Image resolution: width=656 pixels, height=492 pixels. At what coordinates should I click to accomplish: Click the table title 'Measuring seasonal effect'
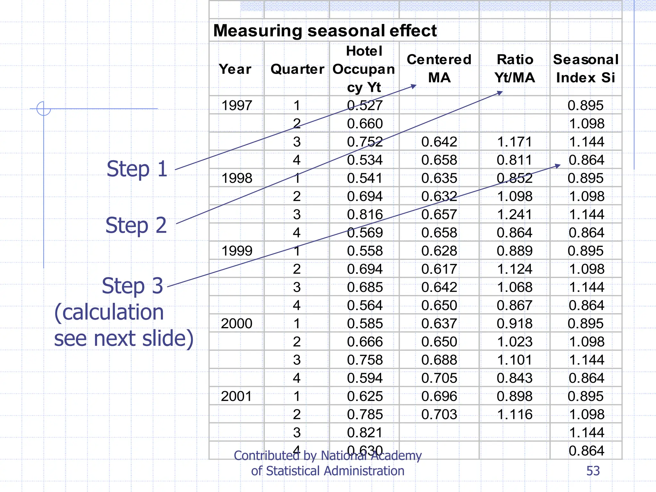click(325, 31)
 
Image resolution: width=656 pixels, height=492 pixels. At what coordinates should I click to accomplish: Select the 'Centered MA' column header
click(439, 69)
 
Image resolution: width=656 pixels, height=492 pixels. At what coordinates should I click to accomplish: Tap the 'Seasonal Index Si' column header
click(586, 69)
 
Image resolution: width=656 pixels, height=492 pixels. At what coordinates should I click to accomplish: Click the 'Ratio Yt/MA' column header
click(515, 69)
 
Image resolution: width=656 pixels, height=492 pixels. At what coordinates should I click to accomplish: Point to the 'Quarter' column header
click(297, 69)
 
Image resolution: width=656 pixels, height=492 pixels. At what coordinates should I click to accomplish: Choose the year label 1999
click(237, 251)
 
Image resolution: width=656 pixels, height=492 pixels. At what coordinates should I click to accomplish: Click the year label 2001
click(237, 396)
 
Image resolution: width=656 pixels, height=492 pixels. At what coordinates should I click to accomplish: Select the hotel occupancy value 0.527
click(365, 105)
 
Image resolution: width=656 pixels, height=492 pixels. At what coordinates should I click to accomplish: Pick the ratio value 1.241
click(514, 214)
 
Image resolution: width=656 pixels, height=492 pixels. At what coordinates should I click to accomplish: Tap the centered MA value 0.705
click(439, 378)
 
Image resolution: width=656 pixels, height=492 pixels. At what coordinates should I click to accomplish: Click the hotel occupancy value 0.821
click(365, 432)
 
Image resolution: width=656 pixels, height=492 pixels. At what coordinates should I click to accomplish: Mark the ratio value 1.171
click(514, 142)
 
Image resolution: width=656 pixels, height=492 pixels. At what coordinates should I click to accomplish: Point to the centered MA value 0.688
click(439, 360)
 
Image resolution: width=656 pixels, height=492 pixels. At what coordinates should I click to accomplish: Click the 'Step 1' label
click(137, 169)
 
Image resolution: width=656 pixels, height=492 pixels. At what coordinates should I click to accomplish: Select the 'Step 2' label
click(136, 225)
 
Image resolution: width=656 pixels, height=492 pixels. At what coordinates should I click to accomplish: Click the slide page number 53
click(593, 471)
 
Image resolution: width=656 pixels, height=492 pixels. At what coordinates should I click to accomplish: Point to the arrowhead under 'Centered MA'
click(414, 86)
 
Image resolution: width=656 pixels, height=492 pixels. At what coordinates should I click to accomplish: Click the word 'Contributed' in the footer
click(266, 455)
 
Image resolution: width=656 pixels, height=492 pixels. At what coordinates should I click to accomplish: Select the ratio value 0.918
click(514, 324)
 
